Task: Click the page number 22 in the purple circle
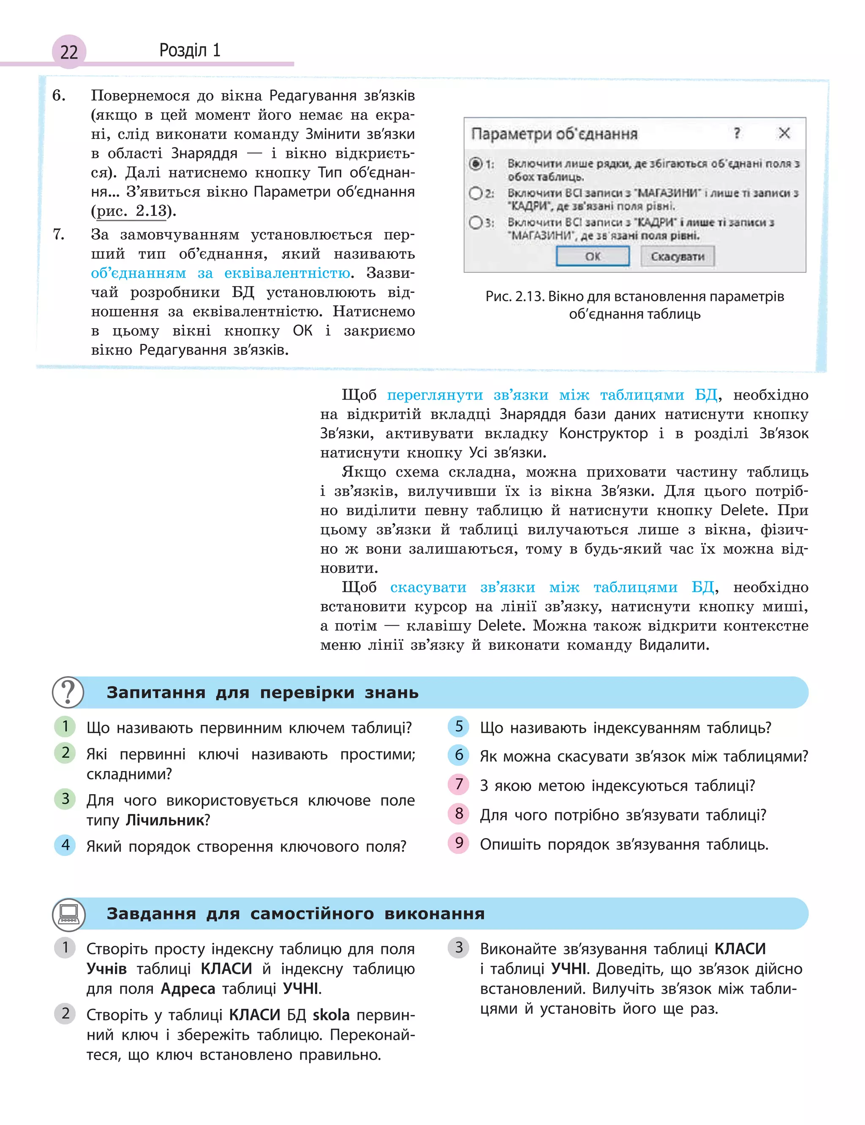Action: tap(69, 52)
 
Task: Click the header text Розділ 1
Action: tap(190, 50)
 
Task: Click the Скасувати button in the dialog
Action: tap(677, 256)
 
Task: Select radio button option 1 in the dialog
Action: tap(476, 164)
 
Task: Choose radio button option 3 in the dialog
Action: tap(475, 223)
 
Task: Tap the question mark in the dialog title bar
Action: tap(737, 133)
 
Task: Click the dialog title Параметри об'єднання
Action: tap(555, 134)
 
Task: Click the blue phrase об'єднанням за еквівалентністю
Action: tap(221, 273)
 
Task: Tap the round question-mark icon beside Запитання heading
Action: tap(68, 692)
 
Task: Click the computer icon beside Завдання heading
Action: tap(68, 913)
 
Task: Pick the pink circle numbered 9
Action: tap(459, 843)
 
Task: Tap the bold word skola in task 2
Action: tap(331, 1015)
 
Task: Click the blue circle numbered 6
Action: tap(459, 755)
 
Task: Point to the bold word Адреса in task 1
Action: tap(188, 989)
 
